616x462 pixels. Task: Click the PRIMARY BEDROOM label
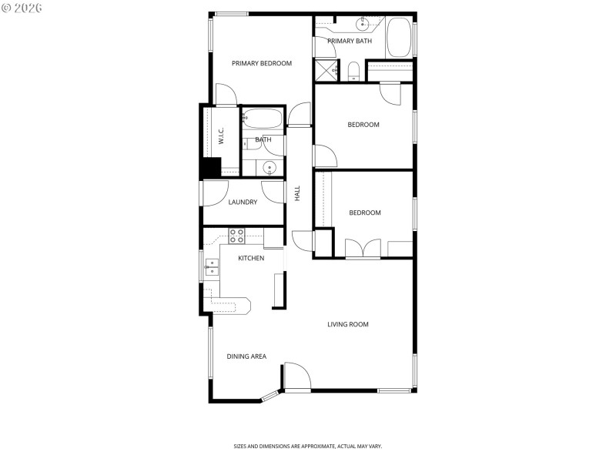pyautogui.click(x=262, y=63)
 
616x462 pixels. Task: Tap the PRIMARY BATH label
pyautogui.click(x=350, y=41)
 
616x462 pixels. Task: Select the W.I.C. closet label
pyautogui.click(x=221, y=138)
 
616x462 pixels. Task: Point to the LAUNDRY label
pyautogui.click(x=243, y=203)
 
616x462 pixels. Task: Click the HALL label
pyautogui.click(x=297, y=193)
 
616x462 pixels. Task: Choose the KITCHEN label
pyautogui.click(x=251, y=258)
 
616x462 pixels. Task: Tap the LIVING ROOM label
pyautogui.click(x=348, y=324)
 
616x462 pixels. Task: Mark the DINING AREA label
pyautogui.click(x=246, y=357)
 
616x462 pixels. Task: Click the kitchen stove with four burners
pyautogui.click(x=236, y=236)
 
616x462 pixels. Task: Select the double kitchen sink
pyautogui.click(x=212, y=267)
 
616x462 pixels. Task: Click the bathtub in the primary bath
pyautogui.click(x=399, y=38)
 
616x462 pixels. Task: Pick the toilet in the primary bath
pyautogui.click(x=353, y=72)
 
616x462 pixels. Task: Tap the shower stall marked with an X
pyautogui.click(x=325, y=69)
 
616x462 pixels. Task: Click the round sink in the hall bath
pyautogui.click(x=267, y=168)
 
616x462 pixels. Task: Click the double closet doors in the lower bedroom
pyautogui.click(x=363, y=249)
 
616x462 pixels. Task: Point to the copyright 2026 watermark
pyautogui.click(x=22, y=8)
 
